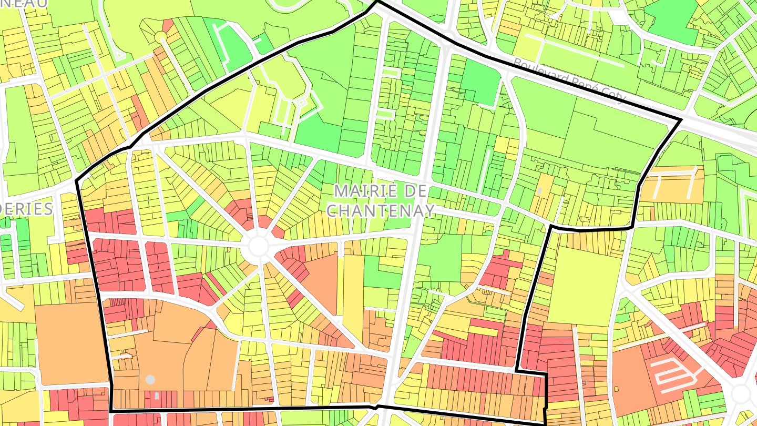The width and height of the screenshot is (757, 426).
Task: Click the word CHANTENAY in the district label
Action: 381,210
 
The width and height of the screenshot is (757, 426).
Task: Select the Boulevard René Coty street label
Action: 570,80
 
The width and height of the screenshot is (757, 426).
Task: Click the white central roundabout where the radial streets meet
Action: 258,246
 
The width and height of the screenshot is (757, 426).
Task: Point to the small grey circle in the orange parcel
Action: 150,379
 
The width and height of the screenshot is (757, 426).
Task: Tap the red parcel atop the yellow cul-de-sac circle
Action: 168,25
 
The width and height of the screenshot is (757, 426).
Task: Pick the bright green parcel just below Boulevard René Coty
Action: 480,82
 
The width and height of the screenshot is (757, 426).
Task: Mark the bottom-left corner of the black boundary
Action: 111,410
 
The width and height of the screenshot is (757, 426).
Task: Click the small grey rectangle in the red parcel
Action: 157,395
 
